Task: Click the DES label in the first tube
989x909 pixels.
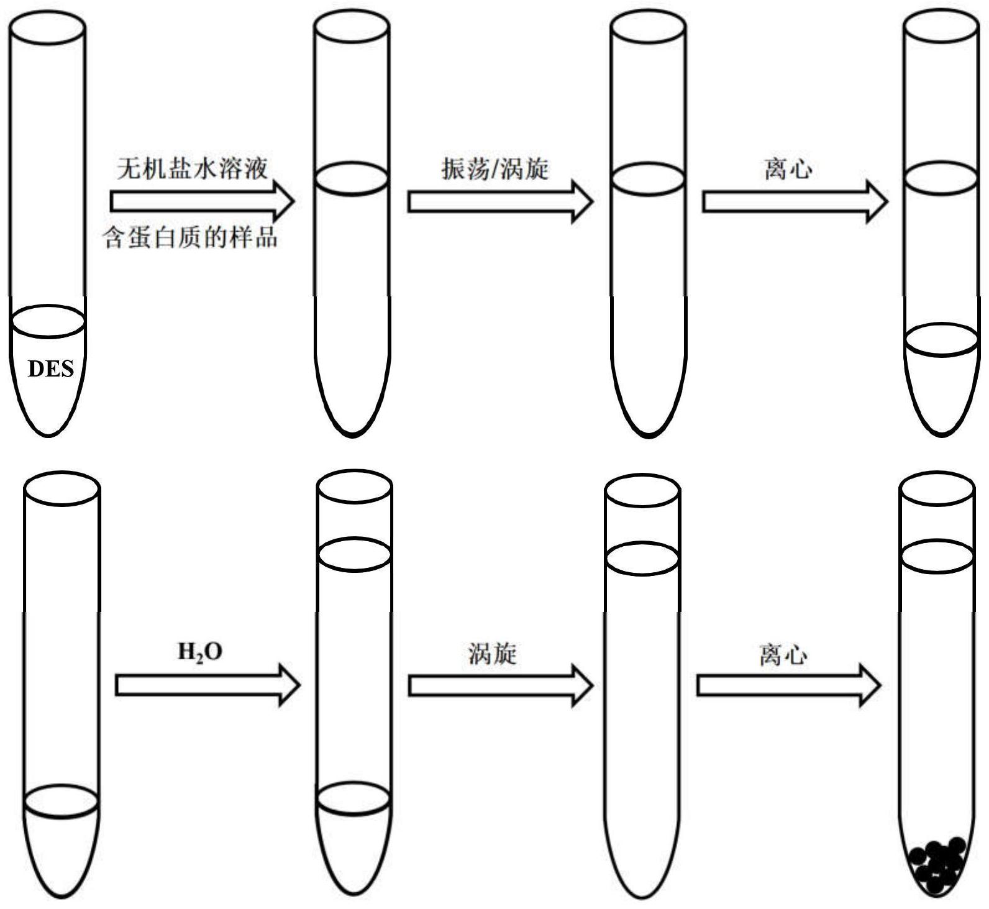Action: click(x=50, y=369)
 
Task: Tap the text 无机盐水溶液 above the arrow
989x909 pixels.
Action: click(x=193, y=169)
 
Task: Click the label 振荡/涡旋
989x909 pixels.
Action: click(x=495, y=169)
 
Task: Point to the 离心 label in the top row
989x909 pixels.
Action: click(x=788, y=169)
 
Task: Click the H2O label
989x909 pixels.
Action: click(x=200, y=652)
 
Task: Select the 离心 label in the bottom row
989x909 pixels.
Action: click(x=783, y=655)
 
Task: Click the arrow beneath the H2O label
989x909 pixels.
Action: click(x=207, y=685)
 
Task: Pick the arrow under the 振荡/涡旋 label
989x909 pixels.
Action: click(x=500, y=202)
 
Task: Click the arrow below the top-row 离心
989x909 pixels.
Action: click(x=795, y=202)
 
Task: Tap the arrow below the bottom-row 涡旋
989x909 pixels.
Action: click(x=500, y=685)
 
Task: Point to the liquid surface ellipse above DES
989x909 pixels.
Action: click(x=48, y=322)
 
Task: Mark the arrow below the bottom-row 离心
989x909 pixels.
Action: click(x=788, y=685)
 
